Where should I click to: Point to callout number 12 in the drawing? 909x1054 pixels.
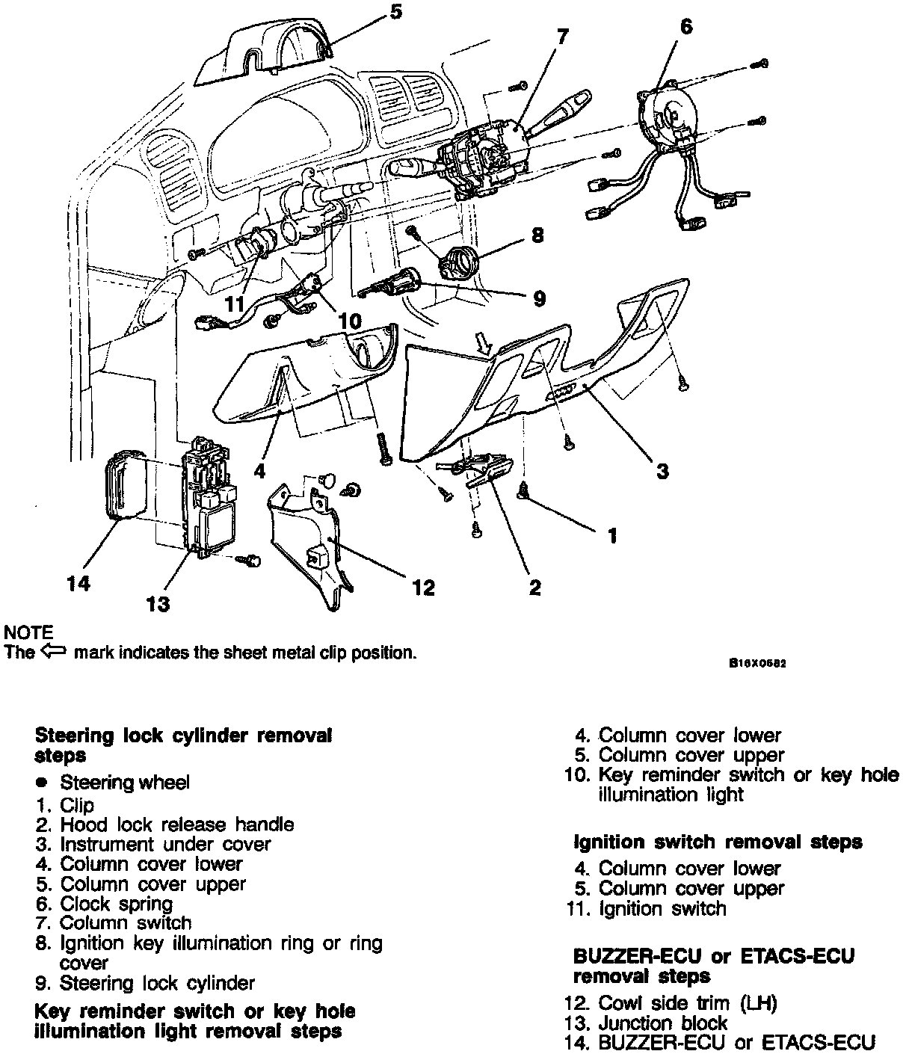pyautogui.click(x=422, y=588)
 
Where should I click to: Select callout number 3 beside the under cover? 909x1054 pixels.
pyautogui.click(x=662, y=471)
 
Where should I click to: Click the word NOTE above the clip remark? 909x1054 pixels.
pyautogui.click(x=28, y=632)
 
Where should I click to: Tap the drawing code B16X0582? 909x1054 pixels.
pyautogui.click(x=758, y=663)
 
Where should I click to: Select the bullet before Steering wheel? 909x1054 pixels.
pyautogui.click(x=43, y=782)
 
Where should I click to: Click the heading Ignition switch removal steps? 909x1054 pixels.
pyautogui.click(x=718, y=842)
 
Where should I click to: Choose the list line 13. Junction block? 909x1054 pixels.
pyautogui.click(x=650, y=1023)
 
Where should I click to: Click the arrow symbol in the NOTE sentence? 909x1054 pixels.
pyautogui.click(x=54, y=651)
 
